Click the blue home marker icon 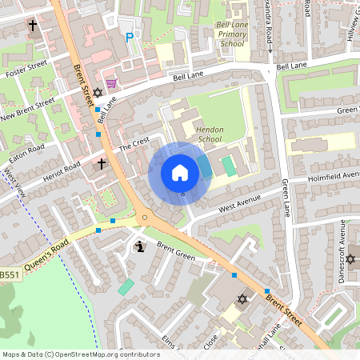180,172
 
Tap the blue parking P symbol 129,38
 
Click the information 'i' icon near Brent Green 142,246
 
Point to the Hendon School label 210,134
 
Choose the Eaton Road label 27,148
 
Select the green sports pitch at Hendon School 229,166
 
